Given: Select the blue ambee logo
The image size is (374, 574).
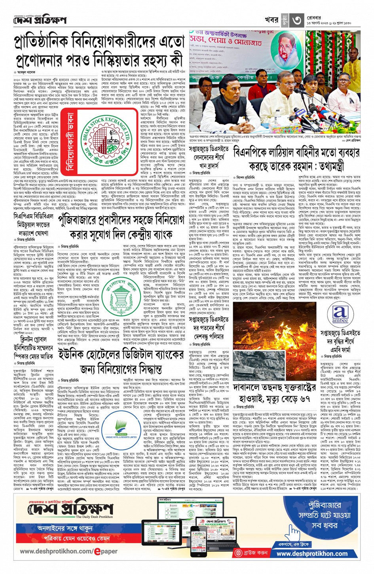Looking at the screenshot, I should [x=340, y=315].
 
